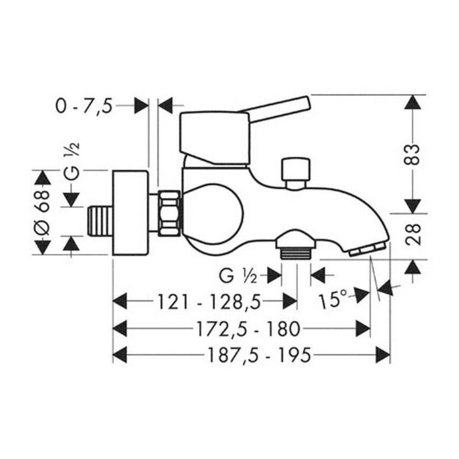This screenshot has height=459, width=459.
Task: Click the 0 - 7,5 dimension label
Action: pos(84,106)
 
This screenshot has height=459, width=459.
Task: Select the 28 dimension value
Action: pos(412,234)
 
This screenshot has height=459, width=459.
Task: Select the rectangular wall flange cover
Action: pos(130,213)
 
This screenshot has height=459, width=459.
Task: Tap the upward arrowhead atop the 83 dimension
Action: pos(412,103)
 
